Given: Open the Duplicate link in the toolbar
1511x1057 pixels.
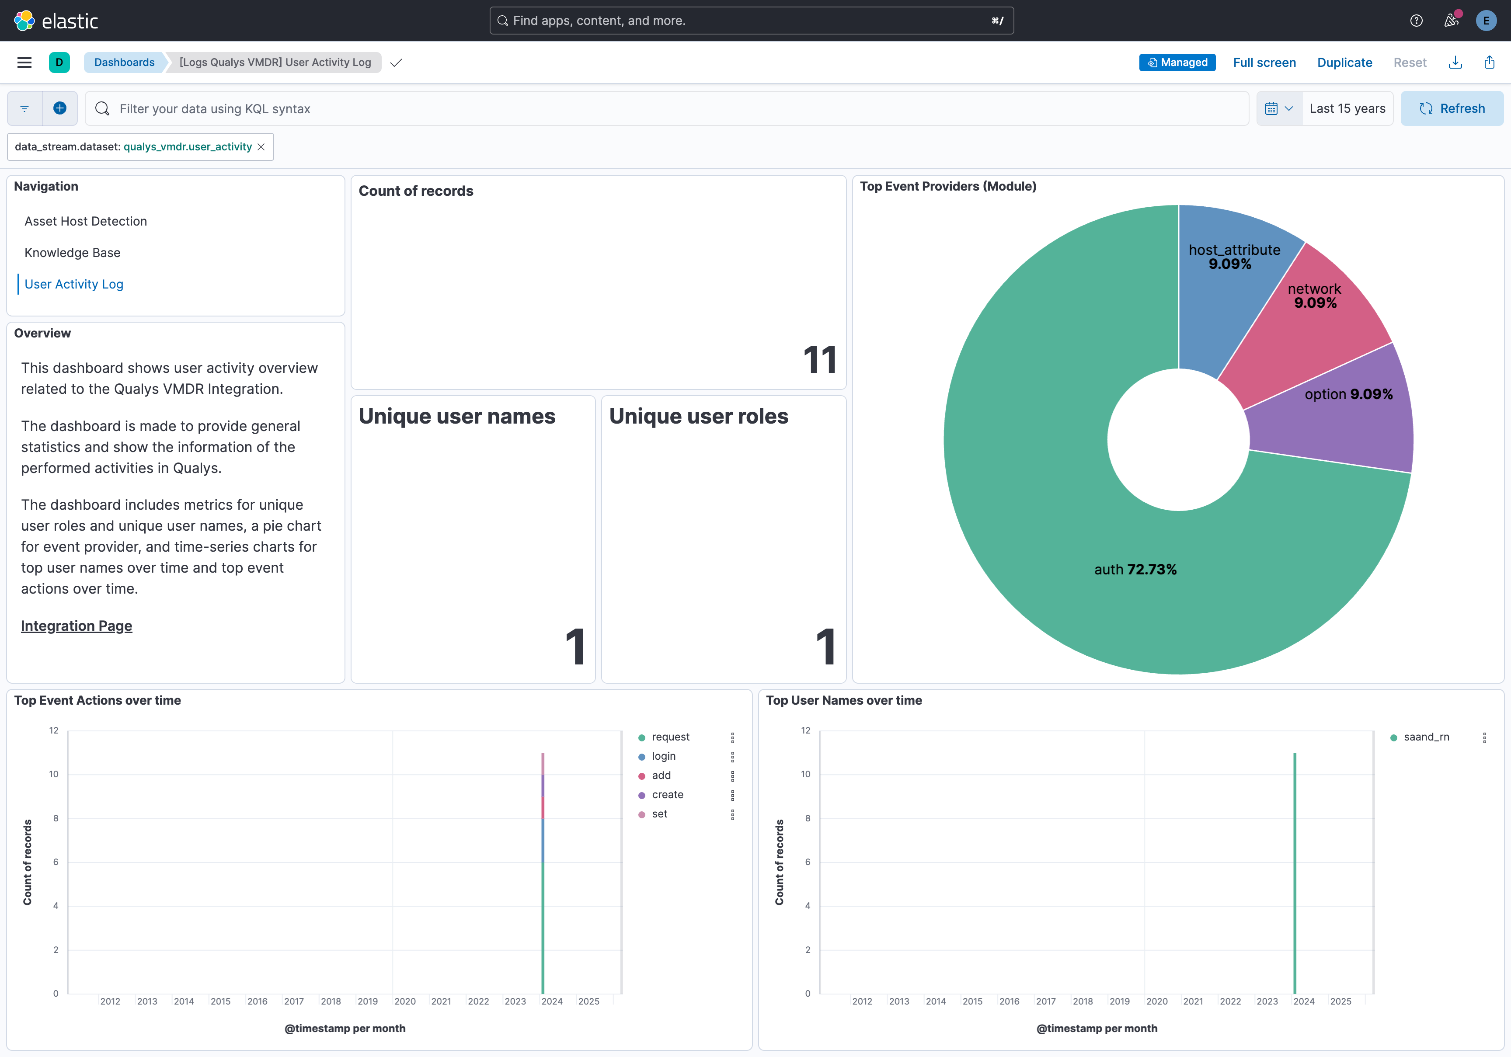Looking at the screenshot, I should [1344, 63].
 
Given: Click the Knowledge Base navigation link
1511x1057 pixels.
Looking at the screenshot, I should [73, 253].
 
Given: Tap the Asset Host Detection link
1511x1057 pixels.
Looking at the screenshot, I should [86, 221].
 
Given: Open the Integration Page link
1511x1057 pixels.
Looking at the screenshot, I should [77, 626].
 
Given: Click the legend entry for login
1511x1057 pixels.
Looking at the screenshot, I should [663, 756].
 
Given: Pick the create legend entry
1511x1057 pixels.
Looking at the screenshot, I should [667, 794].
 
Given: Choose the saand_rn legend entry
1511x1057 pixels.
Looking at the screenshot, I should [1426, 737].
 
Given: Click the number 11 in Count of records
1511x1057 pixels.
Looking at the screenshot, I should [819, 360].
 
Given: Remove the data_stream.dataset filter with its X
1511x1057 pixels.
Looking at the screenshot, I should [261, 147].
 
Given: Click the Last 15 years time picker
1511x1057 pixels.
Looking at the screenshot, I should [1347, 108].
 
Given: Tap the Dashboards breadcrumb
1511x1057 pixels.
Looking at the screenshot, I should [124, 63].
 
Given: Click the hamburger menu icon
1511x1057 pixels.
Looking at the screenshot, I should [24, 63].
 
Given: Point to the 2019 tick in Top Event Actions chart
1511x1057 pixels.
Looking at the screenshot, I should [367, 1001].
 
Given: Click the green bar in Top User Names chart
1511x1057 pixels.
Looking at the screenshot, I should [1295, 875].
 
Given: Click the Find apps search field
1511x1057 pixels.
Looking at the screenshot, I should [750, 21].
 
